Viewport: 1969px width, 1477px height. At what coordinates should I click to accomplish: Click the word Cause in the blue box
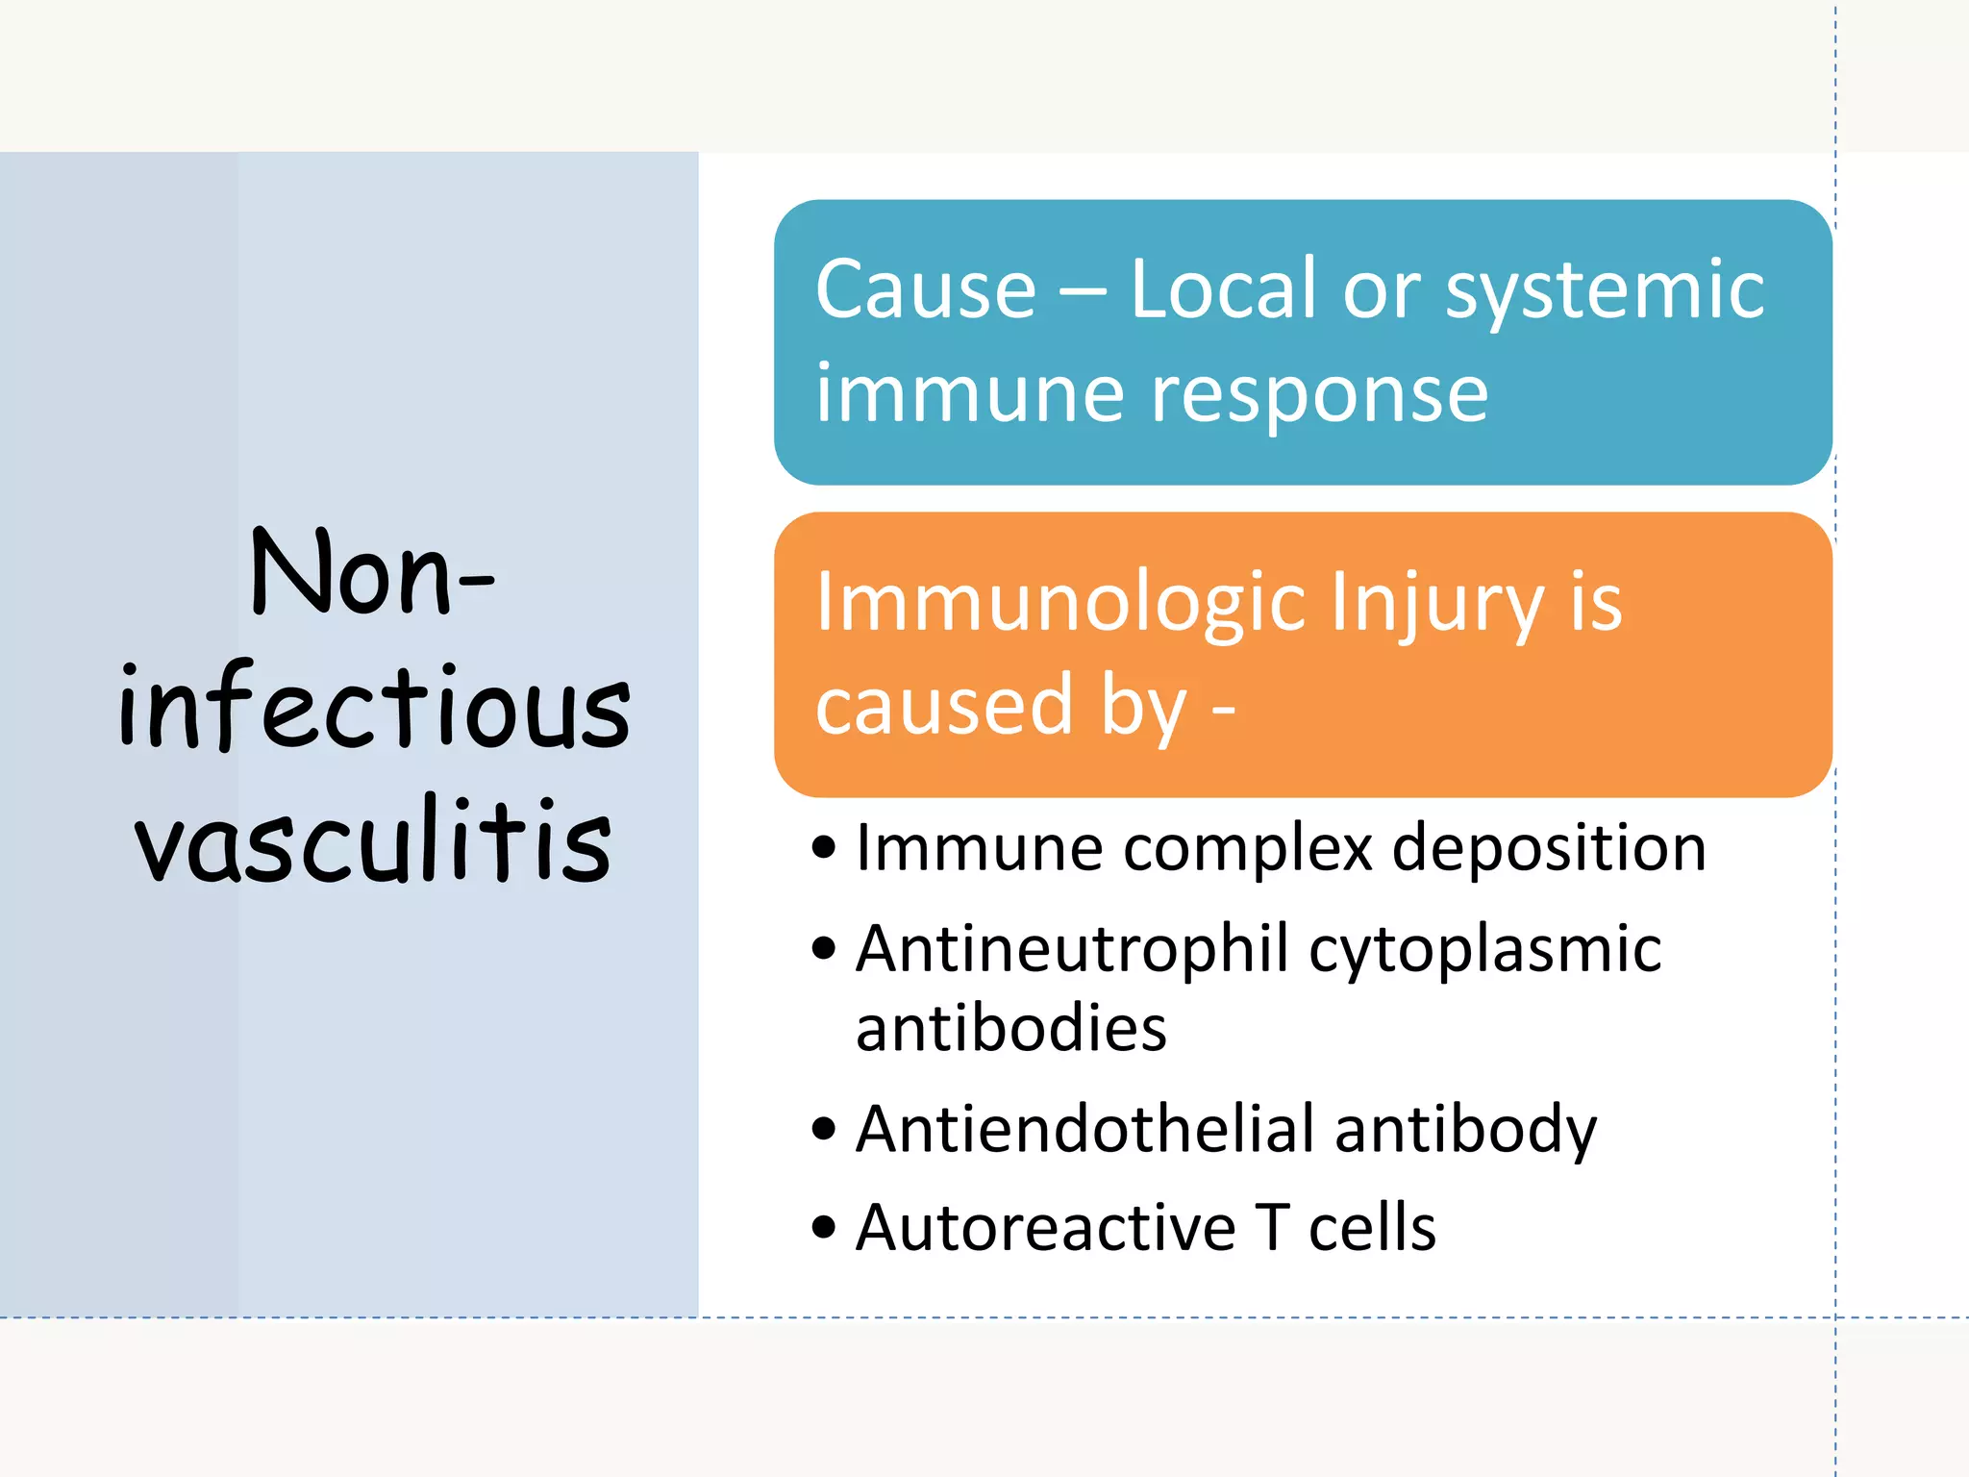pyautogui.click(x=925, y=289)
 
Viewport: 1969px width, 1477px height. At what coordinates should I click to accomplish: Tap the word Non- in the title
pyautogui.click(x=372, y=574)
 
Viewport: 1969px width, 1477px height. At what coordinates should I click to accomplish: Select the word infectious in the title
pyautogui.click(x=374, y=708)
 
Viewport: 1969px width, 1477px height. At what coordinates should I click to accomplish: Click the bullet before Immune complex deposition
pyautogui.click(x=824, y=848)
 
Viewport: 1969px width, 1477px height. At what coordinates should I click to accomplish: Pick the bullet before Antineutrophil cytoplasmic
pyautogui.click(x=824, y=949)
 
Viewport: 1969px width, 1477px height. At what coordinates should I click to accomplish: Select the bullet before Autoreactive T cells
pyautogui.click(x=824, y=1228)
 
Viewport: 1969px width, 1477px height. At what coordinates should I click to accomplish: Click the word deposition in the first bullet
pyautogui.click(x=1549, y=848)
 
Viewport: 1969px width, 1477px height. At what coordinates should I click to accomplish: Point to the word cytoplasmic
pyautogui.click(x=1484, y=949)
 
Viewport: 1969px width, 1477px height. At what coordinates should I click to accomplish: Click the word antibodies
pyautogui.click(x=1010, y=1028)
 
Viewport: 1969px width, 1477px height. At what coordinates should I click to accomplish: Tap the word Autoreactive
pyautogui.click(x=1045, y=1228)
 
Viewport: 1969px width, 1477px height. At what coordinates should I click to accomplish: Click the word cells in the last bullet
pyautogui.click(x=1372, y=1228)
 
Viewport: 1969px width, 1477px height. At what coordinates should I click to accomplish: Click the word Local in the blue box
pyautogui.click(x=1222, y=289)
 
